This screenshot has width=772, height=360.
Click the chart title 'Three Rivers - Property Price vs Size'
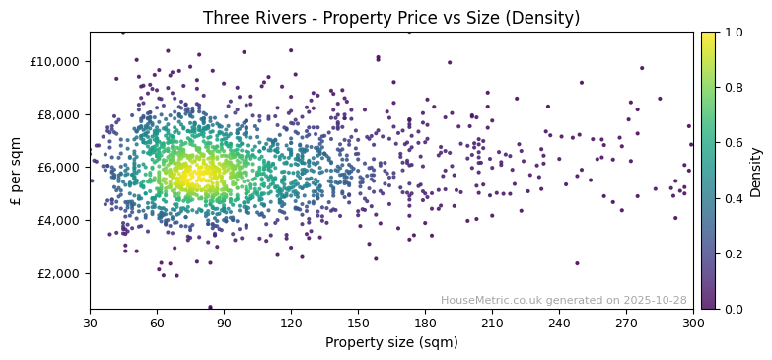click(x=391, y=18)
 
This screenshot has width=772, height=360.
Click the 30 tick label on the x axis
click(x=90, y=323)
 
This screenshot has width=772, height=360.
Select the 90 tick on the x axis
click(x=224, y=323)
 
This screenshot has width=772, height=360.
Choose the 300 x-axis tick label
click(x=693, y=323)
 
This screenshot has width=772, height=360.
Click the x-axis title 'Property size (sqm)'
click(x=391, y=342)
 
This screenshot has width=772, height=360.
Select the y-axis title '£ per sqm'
click(x=17, y=171)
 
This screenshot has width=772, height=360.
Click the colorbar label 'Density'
click(x=756, y=171)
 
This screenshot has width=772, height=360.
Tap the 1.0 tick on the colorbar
click(x=735, y=33)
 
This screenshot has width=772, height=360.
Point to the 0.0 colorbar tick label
click(x=735, y=309)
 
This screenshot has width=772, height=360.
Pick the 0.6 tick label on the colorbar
click(x=735, y=143)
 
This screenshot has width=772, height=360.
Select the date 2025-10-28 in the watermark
click(x=654, y=300)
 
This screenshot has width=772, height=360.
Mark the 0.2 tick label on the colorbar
click(x=735, y=253)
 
